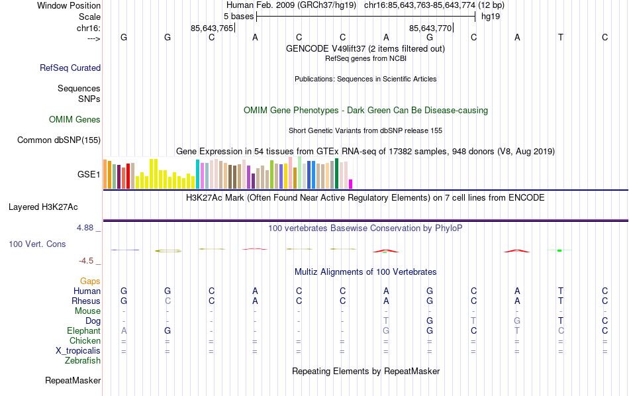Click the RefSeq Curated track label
70,68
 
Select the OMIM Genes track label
75,120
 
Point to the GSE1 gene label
89,175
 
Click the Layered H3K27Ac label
54,207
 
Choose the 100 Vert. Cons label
37,244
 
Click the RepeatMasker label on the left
73,381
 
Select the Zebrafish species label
83,361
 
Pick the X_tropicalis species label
78,351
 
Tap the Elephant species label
84,330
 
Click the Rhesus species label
86,301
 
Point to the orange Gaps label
90,281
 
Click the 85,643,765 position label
212,28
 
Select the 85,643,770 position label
430,28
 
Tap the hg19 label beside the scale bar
491,16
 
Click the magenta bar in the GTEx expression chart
351,184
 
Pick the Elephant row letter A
124,330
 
